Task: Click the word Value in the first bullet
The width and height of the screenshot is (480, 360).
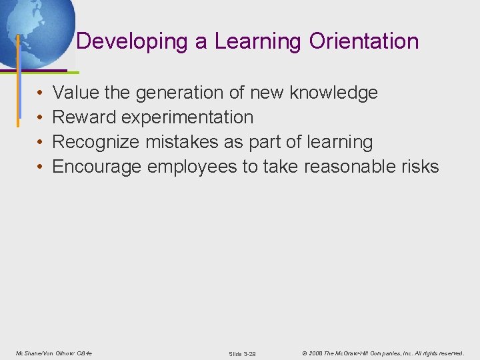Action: [x=75, y=93]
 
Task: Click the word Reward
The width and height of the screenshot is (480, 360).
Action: [x=84, y=117]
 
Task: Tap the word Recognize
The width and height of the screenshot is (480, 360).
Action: [x=95, y=142]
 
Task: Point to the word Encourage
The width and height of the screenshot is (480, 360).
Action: [x=97, y=167]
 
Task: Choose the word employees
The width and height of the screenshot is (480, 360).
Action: [x=192, y=167]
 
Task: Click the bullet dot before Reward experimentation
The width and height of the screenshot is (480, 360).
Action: [x=40, y=118]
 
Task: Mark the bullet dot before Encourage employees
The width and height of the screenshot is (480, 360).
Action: [x=40, y=167]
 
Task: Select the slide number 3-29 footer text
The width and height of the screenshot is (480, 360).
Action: [x=242, y=353]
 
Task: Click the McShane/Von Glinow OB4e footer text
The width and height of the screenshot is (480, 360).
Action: [x=54, y=353]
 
